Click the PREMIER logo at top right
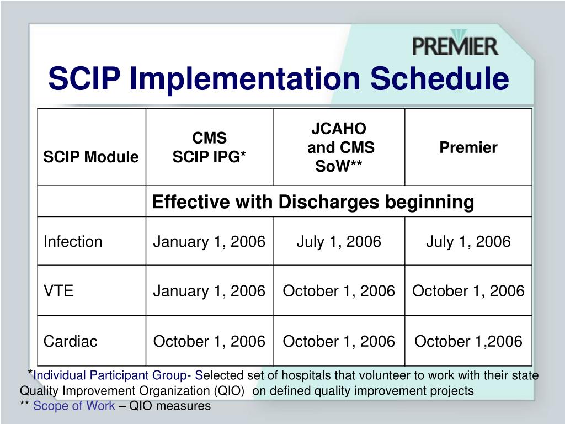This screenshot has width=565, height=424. [455, 45]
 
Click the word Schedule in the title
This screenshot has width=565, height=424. [439, 78]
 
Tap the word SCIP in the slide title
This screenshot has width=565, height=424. [84, 78]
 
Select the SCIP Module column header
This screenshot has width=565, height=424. [91, 157]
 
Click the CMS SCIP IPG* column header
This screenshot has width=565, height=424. [209, 147]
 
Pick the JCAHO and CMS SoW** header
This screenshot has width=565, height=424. [339, 147]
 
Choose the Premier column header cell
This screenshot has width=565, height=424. [468, 147]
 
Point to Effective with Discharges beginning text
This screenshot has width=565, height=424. [313, 202]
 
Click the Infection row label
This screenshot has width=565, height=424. [73, 241]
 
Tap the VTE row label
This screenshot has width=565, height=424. [58, 291]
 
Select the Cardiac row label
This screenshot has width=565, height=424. [70, 341]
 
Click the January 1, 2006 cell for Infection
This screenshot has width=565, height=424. [209, 241]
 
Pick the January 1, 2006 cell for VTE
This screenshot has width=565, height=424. [209, 291]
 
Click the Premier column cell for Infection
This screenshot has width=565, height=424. [468, 241]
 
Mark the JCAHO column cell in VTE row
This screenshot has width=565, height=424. [339, 291]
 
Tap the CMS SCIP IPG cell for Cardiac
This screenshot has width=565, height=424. [209, 341]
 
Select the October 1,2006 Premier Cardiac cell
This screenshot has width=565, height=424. [468, 341]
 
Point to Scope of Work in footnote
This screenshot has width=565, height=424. [74, 406]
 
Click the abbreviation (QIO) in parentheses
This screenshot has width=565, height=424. [229, 391]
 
